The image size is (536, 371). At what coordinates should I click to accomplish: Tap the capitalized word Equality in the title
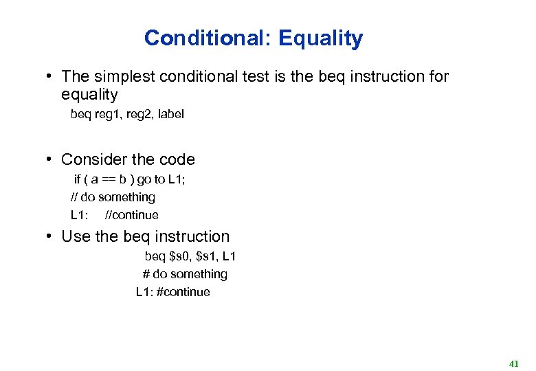[320, 39]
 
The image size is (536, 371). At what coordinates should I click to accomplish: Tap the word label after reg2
[170, 114]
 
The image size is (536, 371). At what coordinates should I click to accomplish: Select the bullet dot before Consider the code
[50, 159]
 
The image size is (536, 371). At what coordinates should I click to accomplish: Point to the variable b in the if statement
[122, 179]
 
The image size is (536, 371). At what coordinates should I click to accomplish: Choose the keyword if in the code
[78, 179]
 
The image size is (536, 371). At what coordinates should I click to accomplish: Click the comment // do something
[113, 197]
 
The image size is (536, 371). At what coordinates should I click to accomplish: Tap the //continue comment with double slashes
[131, 215]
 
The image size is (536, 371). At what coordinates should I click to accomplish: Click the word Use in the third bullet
[76, 236]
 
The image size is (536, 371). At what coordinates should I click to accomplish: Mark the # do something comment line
[185, 274]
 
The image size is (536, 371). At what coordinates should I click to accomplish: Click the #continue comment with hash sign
[183, 292]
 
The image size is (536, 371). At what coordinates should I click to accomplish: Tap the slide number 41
[513, 363]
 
